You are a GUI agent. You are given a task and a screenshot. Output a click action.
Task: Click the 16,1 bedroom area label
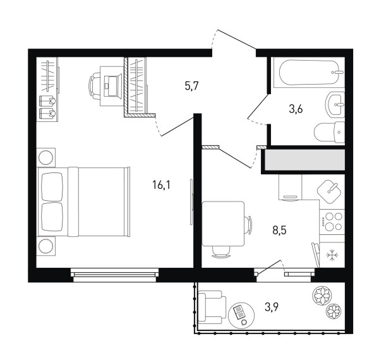(162, 185)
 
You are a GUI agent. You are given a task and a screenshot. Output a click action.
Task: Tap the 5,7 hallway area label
(191, 86)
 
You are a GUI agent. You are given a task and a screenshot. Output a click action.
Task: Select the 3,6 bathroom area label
(296, 109)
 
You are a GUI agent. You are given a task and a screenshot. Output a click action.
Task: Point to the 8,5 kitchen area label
(279, 231)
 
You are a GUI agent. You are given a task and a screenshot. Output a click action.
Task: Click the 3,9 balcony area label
(272, 308)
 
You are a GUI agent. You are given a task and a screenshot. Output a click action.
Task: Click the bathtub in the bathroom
(309, 72)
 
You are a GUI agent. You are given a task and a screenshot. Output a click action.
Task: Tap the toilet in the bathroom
(329, 133)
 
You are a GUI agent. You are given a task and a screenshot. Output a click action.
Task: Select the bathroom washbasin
(335, 104)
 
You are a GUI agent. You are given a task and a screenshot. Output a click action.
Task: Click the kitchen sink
(329, 191)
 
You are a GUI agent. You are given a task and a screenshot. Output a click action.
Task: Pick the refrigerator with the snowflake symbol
(332, 255)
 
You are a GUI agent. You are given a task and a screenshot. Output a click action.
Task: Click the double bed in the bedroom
(83, 201)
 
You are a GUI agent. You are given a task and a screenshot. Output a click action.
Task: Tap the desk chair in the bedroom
(95, 87)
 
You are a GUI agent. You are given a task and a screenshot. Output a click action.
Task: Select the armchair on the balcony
(212, 308)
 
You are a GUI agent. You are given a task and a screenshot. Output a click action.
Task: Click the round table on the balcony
(241, 315)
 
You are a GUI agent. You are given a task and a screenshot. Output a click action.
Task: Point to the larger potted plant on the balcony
(322, 296)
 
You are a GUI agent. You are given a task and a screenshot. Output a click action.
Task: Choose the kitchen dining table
(223, 224)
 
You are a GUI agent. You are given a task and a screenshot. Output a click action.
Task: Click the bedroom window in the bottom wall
(115, 275)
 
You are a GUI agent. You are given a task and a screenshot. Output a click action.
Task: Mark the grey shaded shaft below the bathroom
(305, 160)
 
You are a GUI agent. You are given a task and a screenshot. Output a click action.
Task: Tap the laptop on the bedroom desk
(112, 86)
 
